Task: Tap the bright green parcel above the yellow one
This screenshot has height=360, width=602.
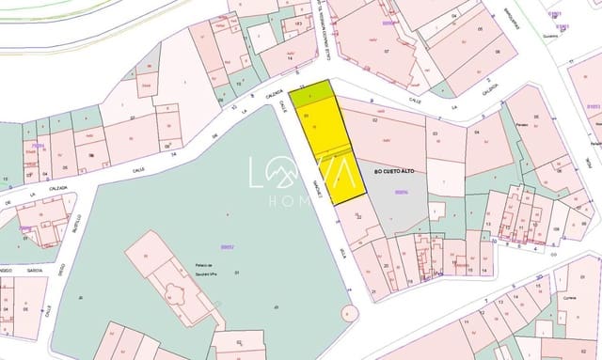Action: tap(310, 93)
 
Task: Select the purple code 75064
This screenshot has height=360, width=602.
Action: tap(38, 147)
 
